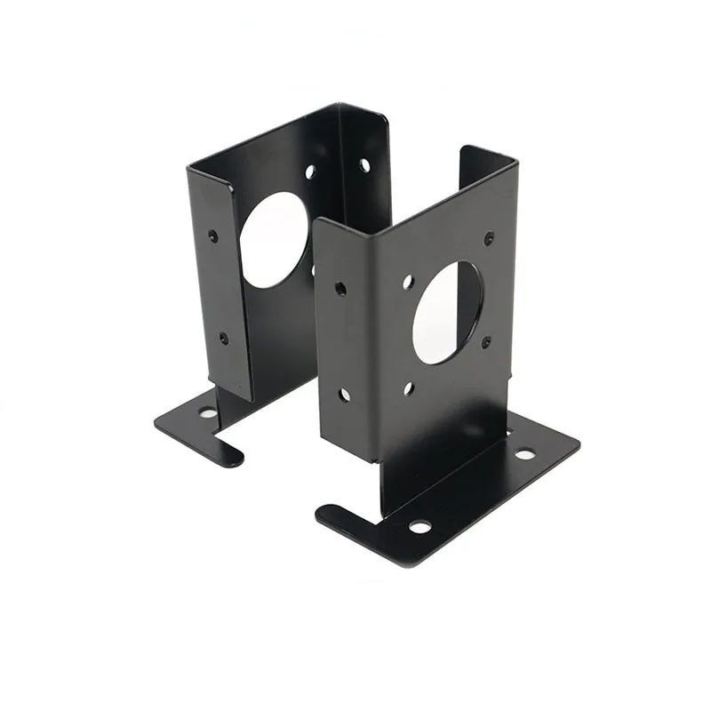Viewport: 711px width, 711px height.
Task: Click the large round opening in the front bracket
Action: point(447,312)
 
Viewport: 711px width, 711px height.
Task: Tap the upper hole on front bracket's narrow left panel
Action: point(340,288)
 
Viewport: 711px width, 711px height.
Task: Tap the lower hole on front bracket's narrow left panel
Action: point(343,395)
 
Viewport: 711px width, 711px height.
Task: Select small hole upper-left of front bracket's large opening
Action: point(407,282)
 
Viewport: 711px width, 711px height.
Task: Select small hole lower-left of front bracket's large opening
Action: point(409,388)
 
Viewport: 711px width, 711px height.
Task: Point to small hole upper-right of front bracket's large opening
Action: point(489,238)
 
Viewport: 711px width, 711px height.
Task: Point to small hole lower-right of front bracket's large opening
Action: point(486,341)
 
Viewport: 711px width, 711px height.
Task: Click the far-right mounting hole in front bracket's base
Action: point(525,454)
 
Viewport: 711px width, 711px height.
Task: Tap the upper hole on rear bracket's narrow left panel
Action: point(212,236)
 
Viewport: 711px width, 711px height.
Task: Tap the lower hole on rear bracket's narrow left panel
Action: point(223,338)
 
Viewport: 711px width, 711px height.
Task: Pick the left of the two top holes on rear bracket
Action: point(310,172)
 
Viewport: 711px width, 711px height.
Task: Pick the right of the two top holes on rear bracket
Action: point(364,164)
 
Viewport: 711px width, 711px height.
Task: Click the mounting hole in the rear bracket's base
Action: point(207,412)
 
